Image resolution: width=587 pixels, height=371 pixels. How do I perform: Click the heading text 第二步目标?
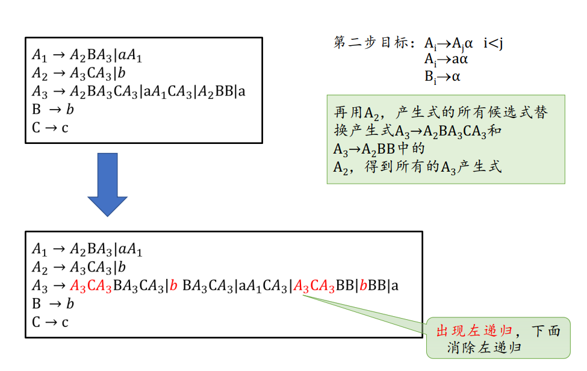click(371, 43)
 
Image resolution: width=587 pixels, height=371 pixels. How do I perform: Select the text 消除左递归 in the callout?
click(484, 348)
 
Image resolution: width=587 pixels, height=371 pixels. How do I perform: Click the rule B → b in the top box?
click(53, 110)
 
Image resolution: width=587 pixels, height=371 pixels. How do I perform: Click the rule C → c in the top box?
click(51, 128)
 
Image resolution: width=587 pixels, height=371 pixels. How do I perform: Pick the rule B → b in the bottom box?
click(53, 304)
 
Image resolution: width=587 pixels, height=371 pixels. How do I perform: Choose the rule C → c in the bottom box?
click(51, 322)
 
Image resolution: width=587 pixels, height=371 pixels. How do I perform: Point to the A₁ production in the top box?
click(87, 57)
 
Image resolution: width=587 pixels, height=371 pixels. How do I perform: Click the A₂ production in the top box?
click(79, 74)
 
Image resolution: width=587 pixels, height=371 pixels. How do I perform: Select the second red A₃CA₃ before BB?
click(314, 286)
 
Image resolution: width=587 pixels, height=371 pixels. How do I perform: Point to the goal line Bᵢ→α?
click(442, 76)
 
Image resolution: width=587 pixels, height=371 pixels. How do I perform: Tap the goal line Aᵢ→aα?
click(446, 60)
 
